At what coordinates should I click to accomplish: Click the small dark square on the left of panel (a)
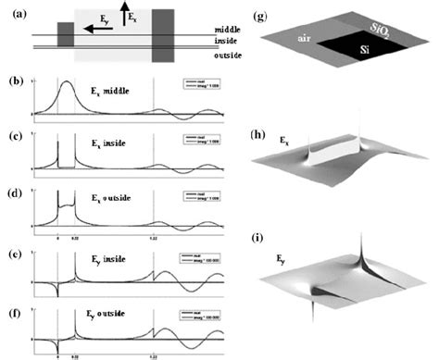point(66,34)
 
